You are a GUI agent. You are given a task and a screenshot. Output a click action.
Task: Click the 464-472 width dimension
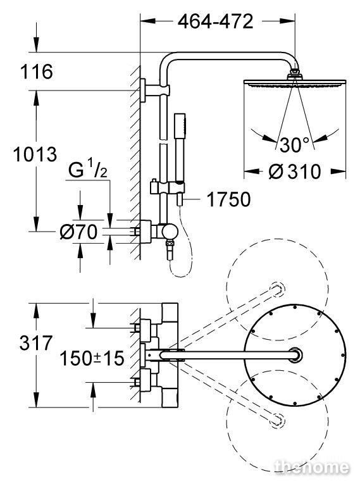click(216, 22)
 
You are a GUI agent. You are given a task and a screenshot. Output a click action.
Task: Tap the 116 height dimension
click(37, 72)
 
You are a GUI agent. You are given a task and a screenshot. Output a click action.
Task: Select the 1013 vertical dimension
click(35, 154)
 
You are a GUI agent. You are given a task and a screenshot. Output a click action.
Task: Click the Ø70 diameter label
click(78, 232)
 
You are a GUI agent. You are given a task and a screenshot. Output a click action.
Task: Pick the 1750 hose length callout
click(228, 199)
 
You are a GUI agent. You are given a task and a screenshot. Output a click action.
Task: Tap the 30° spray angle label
click(295, 144)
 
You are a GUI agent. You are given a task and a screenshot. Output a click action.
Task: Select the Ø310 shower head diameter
click(295, 171)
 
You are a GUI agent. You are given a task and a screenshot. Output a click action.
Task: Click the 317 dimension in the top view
click(36, 343)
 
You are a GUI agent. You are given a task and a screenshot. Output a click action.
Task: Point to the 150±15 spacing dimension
click(92, 358)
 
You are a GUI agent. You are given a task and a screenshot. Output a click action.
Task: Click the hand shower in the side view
click(180, 148)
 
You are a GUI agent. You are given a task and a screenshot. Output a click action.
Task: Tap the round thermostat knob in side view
click(170, 232)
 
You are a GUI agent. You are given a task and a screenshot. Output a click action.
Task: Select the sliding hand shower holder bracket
click(167, 188)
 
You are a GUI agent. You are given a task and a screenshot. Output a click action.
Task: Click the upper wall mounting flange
click(143, 90)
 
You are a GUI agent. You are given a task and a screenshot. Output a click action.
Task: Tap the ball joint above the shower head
click(294, 74)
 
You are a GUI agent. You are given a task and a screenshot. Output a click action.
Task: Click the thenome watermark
click(312, 467)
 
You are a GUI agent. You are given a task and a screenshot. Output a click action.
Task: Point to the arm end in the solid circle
click(295, 355)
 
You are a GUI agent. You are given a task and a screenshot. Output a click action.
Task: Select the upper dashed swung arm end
click(277, 289)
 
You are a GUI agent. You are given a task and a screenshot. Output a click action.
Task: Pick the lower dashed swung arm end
click(277, 421)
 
